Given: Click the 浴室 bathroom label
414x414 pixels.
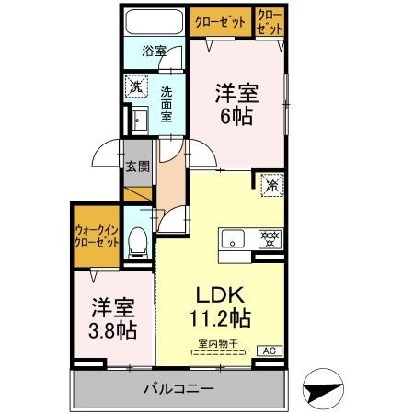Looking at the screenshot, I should point(154,52).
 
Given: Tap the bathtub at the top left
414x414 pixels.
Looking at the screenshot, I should point(154,23).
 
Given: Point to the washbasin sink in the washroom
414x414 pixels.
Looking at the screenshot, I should point(139,120).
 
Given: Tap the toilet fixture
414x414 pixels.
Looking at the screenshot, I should point(138,242).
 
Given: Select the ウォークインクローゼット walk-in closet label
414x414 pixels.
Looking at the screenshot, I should point(97,236).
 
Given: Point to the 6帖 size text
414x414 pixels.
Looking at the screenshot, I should point(236,117).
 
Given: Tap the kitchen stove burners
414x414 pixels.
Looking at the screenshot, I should point(271,239).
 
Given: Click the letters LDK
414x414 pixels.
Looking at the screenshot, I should point(221,296).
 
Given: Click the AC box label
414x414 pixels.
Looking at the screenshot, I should point(271,351).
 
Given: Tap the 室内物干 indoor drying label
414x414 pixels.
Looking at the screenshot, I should point(217,344).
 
